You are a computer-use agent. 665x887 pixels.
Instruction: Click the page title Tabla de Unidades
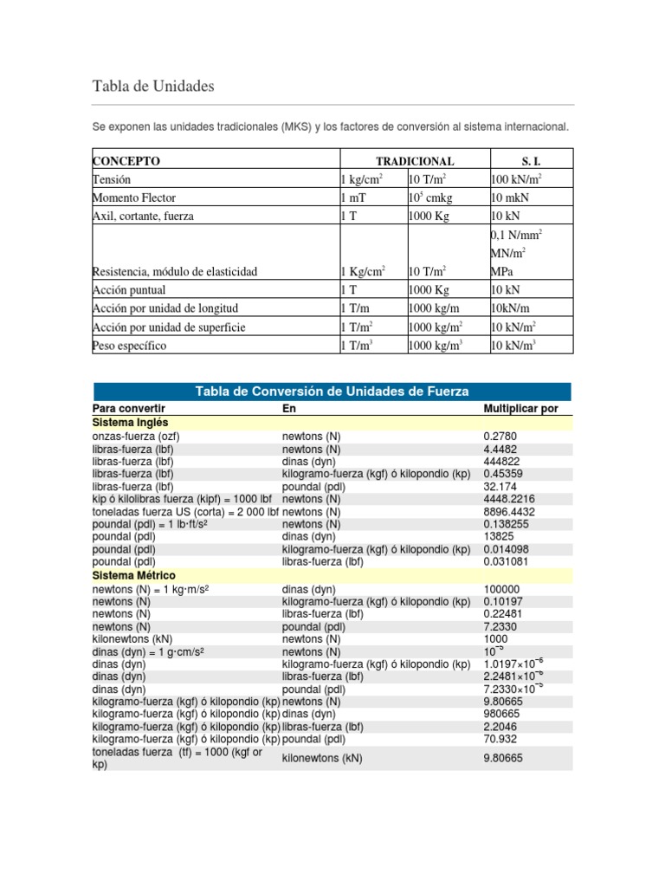152,87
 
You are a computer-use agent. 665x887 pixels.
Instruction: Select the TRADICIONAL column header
414,161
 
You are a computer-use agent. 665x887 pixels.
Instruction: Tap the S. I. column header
531,161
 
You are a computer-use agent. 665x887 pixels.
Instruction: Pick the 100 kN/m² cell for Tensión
516,179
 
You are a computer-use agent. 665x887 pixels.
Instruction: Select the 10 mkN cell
509,197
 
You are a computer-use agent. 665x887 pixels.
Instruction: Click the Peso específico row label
129,346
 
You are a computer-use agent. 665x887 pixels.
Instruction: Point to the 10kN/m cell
511,308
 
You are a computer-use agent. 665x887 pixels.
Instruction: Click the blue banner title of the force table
332,392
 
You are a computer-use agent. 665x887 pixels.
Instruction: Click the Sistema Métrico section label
133,575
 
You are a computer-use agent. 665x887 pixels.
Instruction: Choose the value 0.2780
500,437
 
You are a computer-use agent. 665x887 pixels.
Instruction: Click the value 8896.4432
510,512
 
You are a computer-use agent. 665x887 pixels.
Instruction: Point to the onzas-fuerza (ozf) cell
136,437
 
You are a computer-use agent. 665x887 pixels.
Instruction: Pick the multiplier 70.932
501,740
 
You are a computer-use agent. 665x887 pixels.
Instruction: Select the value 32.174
500,487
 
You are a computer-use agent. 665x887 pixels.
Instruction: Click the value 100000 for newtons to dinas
502,589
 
